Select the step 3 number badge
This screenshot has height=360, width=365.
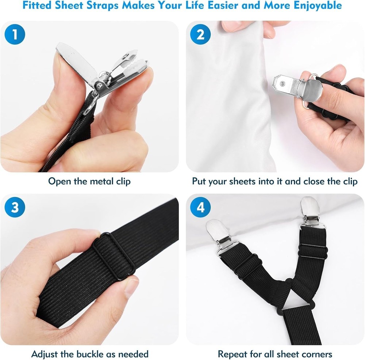(x=15, y=208)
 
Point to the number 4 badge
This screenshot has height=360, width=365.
(x=200, y=208)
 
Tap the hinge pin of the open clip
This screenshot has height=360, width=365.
(x=99, y=85)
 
